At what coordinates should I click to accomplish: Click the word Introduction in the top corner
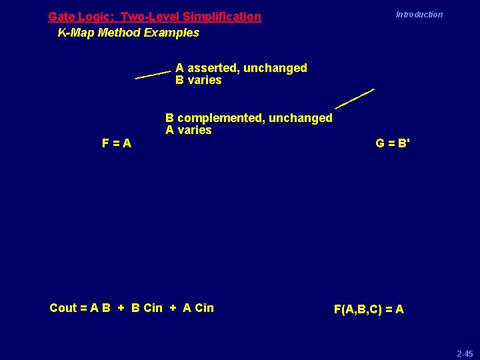tap(419, 14)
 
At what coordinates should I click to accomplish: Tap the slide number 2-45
tap(465, 353)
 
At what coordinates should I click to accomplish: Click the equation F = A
tap(116, 143)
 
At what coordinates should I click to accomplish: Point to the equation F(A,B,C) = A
tap(369, 309)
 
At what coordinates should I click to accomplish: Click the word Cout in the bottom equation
tap(63, 307)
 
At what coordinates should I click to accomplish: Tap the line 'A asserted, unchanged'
tap(241, 68)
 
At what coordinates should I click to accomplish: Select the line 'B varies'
tap(198, 80)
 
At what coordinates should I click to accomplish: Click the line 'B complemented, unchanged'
tap(248, 118)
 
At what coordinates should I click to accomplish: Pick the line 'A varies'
tap(188, 130)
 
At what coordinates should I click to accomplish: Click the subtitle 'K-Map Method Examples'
tap(128, 32)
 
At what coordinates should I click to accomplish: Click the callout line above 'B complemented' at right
tap(354, 98)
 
